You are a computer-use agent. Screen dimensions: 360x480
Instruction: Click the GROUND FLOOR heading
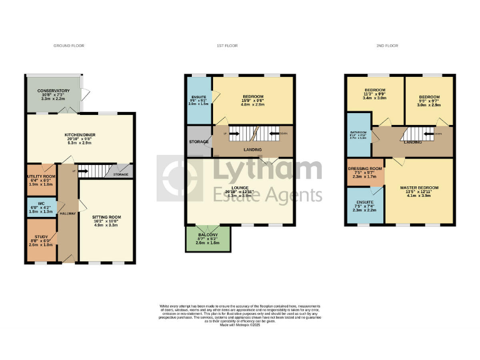(69, 46)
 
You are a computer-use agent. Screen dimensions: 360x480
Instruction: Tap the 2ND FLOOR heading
(387, 46)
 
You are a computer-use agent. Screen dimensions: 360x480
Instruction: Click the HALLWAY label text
(67, 213)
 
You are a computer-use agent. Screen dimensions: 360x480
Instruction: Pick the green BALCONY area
(208, 238)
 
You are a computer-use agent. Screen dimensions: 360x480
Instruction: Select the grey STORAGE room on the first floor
(199, 141)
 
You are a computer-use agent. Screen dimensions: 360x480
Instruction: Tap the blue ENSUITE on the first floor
(198, 100)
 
